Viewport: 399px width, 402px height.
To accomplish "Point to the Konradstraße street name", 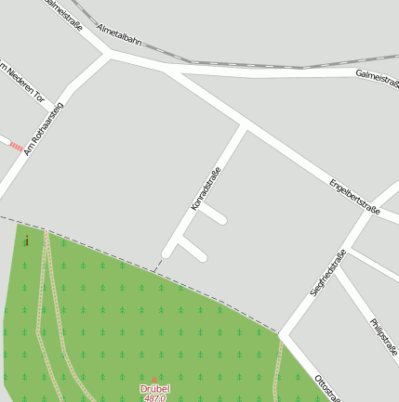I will tap(206, 188).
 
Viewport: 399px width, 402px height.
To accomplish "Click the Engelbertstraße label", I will tap(354, 197).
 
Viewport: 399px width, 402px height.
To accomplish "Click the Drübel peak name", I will tap(154, 389).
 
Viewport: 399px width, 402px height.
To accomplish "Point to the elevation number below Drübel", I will tap(154, 398).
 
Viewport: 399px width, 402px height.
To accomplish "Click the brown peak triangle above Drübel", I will tap(155, 380).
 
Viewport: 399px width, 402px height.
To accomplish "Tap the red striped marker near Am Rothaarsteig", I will tap(16, 146).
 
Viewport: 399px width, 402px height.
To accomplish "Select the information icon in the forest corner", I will tap(26, 241).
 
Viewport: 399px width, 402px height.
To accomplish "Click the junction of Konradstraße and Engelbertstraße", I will tap(245, 125).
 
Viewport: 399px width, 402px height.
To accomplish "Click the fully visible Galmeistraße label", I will tap(376, 73).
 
